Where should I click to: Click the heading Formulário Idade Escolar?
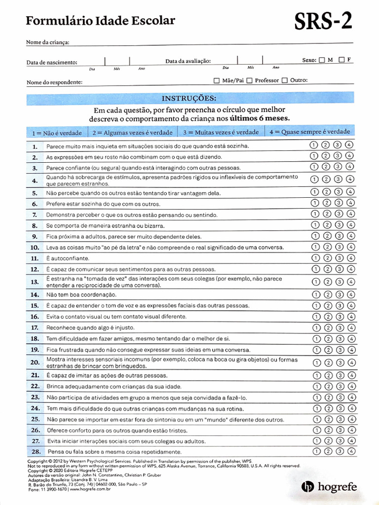point(100,20)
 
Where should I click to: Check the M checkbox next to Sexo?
point(322,60)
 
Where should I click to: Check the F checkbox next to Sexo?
point(341,60)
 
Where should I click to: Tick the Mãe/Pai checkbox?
point(217,80)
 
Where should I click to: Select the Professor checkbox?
point(250,80)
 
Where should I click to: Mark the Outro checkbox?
point(285,80)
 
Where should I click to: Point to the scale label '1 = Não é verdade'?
point(57,133)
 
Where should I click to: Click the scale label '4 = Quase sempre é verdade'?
point(310,132)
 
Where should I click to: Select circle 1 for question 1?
point(313,145)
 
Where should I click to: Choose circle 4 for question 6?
point(350,203)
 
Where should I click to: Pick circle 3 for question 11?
point(338,257)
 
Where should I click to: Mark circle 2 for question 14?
point(326,294)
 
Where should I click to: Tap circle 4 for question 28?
point(350,451)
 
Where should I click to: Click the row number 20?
point(35,362)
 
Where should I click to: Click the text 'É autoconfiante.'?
point(68,258)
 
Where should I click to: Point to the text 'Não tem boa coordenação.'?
point(81,294)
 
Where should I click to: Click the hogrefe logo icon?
point(307,487)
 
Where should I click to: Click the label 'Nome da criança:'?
point(47,42)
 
